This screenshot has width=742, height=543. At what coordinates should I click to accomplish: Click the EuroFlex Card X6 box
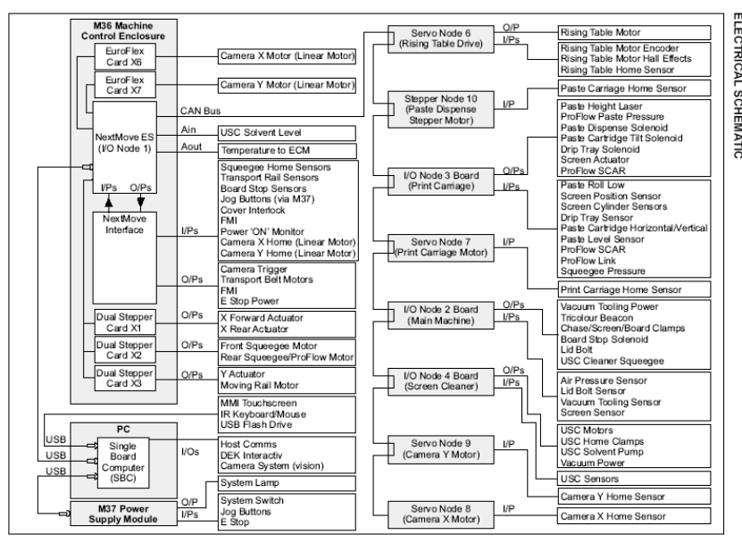point(116,57)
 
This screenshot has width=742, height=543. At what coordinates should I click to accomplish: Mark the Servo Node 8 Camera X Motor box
point(430,516)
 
